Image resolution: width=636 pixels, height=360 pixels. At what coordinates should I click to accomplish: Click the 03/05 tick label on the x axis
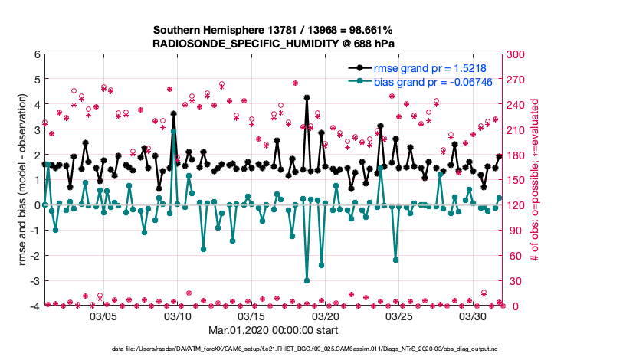[x=103, y=316]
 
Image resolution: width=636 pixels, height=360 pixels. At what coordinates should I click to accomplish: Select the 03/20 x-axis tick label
[x=326, y=316]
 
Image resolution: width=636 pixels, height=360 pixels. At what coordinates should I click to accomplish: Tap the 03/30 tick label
[x=474, y=316]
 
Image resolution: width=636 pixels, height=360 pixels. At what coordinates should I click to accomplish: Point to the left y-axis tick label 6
[x=36, y=55]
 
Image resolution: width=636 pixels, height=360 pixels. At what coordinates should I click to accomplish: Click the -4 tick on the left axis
[x=34, y=306]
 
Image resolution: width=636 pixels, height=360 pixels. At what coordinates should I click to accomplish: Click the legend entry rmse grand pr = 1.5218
[x=429, y=68]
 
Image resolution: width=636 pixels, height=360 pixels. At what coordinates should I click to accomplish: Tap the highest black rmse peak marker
[x=307, y=98]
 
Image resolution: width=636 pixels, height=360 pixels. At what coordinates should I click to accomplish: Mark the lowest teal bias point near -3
[x=307, y=280]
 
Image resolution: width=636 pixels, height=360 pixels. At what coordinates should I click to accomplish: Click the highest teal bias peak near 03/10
[x=174, y=131]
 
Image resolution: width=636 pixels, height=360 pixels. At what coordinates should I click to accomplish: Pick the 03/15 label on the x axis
[x=251, y=316]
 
